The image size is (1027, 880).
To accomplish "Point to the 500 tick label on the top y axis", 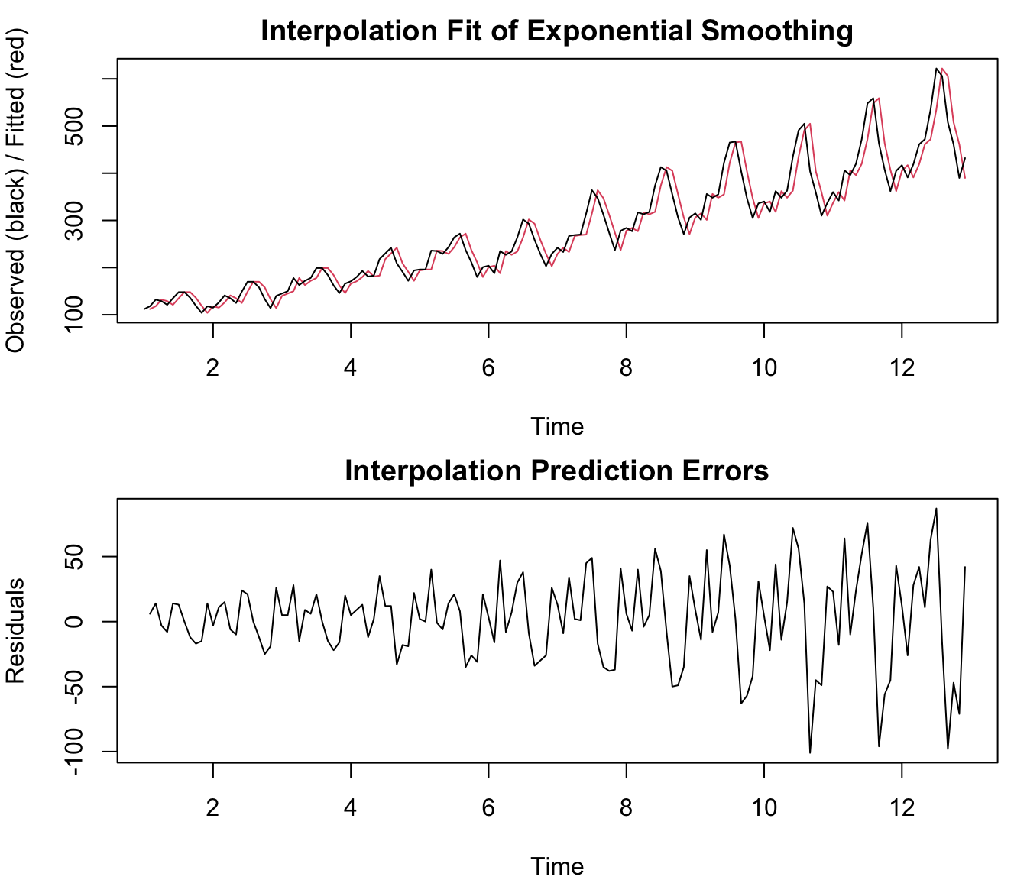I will [77, 126].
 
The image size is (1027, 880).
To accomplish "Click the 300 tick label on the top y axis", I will [77, 220].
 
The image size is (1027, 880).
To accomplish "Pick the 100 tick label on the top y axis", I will [77, 314].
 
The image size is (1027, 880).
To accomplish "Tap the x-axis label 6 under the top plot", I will [488, 368].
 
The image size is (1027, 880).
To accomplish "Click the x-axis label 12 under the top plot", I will [902, 368].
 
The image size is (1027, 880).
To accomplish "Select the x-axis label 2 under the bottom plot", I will [212, 807].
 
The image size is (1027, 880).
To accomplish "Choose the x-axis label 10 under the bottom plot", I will [763, 807].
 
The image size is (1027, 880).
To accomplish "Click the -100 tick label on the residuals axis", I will [77, 752].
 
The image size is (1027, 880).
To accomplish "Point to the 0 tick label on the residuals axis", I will [77, 622].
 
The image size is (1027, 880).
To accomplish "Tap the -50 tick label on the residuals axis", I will [77, 687].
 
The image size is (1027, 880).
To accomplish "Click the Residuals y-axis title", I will [15, 631].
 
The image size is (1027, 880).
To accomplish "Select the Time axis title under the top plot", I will [557, 426].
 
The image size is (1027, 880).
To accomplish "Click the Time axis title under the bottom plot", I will [557, 866].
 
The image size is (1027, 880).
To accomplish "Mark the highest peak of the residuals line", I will [936, 509].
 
